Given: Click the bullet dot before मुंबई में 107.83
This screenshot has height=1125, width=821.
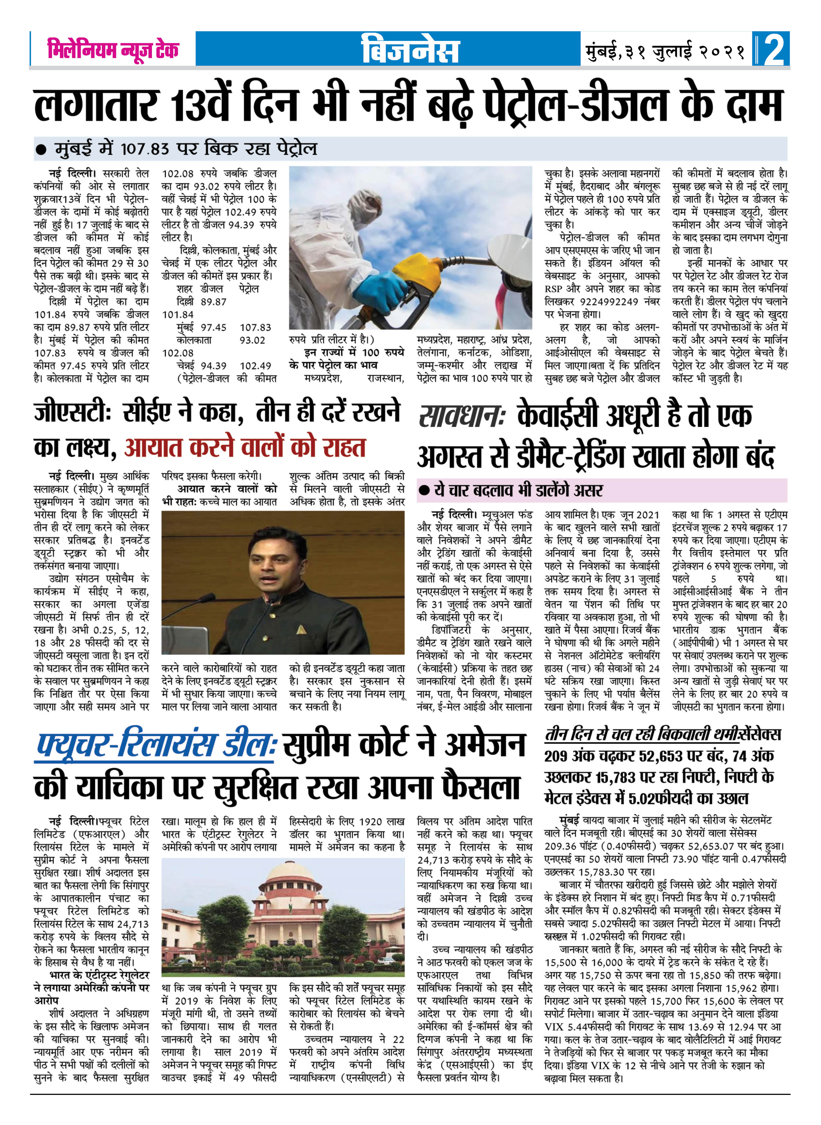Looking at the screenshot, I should point(42,149).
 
